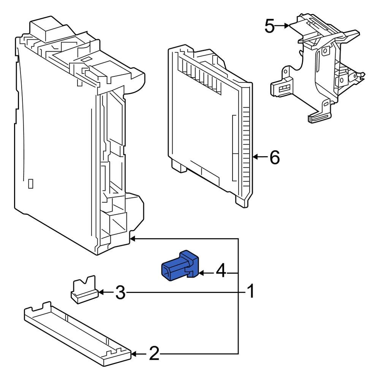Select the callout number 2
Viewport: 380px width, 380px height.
click(x=154, y=354)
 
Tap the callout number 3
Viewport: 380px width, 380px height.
click(x=120, y=293)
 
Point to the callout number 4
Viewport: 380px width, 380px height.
click(x=221, y=272)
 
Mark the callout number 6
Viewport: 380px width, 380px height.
click(x=274, y=157)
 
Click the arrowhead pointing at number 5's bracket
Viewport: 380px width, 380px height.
click(x=287, y=26)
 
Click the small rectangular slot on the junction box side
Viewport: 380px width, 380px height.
click(x=31, y=184)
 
